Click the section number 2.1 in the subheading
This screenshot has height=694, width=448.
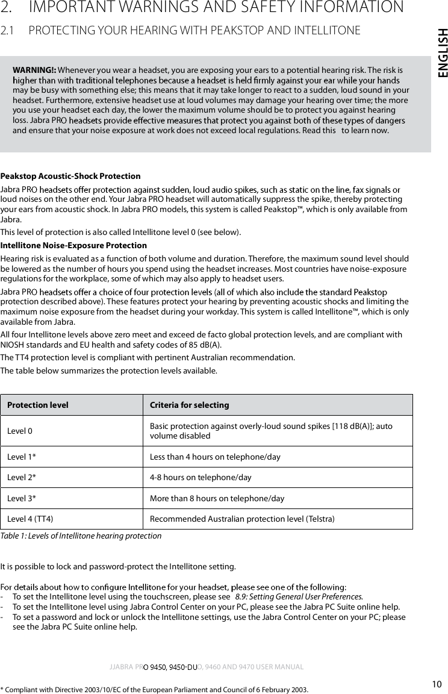[x=8, y=30]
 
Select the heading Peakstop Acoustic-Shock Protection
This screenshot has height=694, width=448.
[x=70, y=177]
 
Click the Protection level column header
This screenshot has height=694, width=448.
[x=37, y=405]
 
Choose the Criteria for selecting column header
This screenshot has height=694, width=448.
[x=189, y=405]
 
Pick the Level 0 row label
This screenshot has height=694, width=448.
[x=20, y=431]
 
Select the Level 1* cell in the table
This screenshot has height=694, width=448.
[x=21, y=457]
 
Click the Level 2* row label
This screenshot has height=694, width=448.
[x=21, y=478]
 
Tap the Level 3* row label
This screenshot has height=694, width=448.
[x=21, y=498]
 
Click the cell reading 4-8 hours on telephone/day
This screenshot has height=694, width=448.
[x=200, y=478]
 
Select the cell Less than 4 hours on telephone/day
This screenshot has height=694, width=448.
[x=214, y=457]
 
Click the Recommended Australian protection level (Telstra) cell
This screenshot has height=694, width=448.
[x=242, y=519]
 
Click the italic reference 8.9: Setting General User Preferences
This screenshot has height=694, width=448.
[x=299, y=596]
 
